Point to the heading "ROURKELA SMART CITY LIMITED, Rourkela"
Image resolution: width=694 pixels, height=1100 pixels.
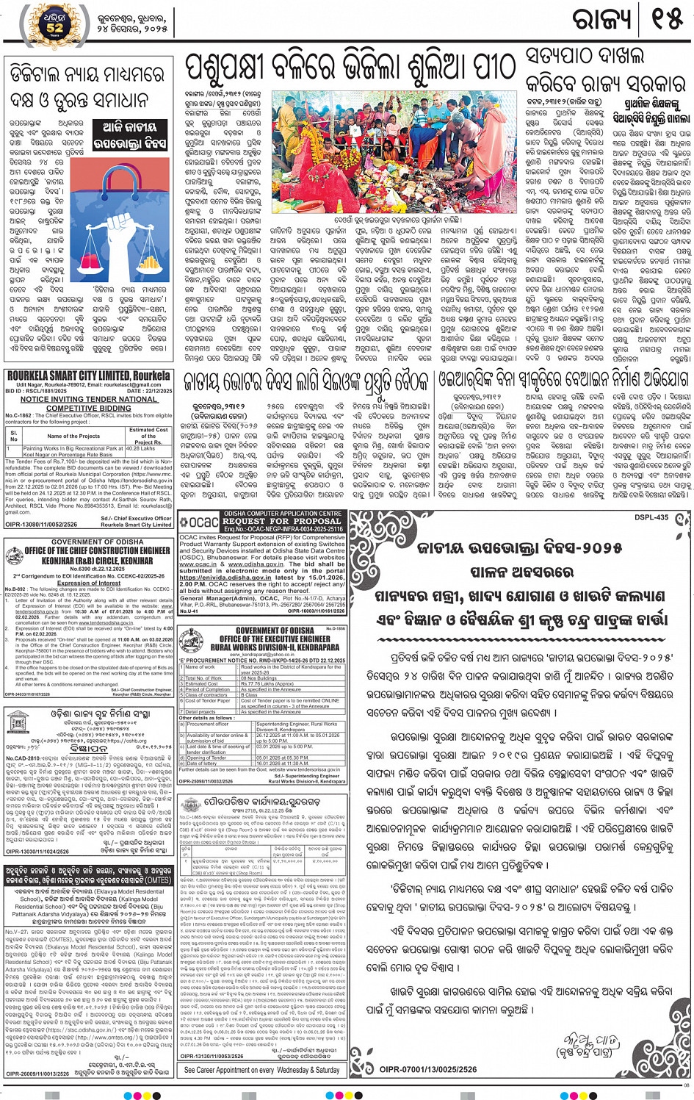pyautogui.click(x=88, y=375)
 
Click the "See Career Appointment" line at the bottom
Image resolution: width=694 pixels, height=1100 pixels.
pyautogui.click(x=261, y=1070)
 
